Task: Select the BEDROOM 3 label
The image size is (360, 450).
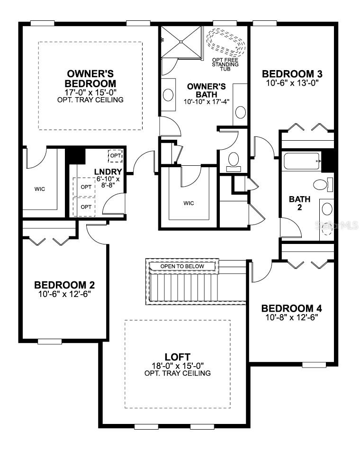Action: [x=292, y=74]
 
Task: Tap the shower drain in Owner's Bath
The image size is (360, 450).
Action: [x=181, y=42]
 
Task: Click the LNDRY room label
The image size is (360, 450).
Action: [x=108, y=172]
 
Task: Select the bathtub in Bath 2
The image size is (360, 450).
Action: [x=302, y=162]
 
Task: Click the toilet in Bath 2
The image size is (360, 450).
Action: [x=322, y=184]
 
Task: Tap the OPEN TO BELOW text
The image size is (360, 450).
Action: [x=182, y=266]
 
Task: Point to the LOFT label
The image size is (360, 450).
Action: [x=178, y=357]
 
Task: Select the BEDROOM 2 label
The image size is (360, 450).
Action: [x=64, y=285]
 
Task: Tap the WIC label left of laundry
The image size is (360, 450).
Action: [x=40, y=189]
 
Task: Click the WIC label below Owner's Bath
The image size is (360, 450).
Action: [x=189, y=203]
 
